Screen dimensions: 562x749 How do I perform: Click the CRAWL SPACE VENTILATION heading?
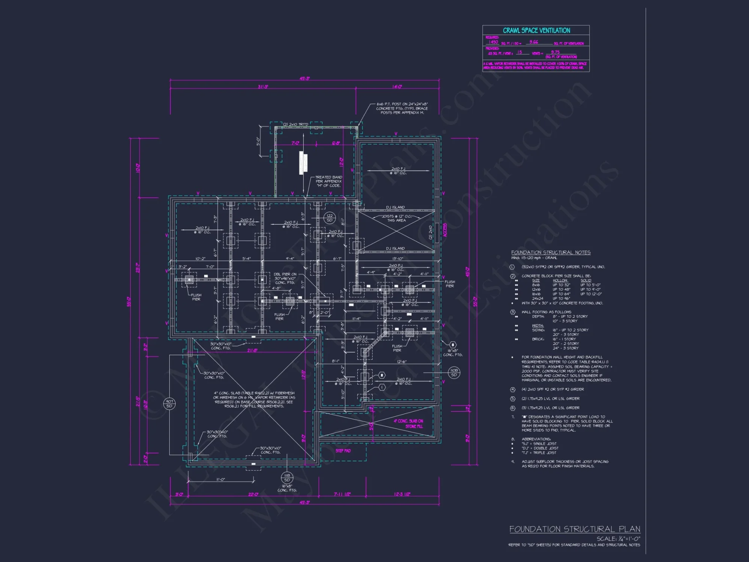536,30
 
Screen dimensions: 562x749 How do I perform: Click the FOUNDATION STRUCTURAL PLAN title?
574,529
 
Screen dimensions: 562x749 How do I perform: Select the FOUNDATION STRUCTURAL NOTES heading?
551,253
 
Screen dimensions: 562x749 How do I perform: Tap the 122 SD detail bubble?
330,218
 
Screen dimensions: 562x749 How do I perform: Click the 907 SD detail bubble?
169,404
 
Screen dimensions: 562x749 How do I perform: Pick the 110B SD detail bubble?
454,372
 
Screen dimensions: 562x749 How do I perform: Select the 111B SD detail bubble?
287,478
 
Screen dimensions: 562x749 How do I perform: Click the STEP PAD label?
343,451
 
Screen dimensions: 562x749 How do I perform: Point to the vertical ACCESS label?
445,230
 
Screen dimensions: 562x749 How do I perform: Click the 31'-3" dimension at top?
263,87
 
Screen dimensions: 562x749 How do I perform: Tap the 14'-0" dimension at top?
397,87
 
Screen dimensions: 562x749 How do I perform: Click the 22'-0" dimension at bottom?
253,494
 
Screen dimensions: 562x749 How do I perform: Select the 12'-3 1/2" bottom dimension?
402,494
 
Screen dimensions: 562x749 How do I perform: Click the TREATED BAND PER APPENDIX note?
328,181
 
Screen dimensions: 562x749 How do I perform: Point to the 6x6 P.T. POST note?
402,108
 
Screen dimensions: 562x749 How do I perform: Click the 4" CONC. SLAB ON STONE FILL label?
409,423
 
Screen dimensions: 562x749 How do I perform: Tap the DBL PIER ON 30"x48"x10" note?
285,278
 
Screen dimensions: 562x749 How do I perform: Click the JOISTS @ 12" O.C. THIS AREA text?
397,218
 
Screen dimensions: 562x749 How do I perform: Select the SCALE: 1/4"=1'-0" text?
618,538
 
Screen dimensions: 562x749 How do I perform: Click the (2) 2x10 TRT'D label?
295,124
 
